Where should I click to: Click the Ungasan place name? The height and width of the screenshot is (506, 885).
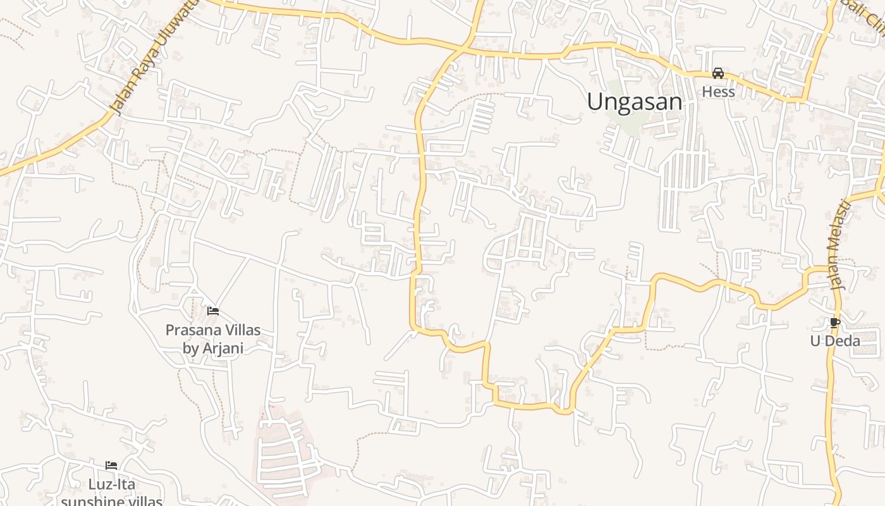coord(635,101)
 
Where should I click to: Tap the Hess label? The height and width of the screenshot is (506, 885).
coord(718,92)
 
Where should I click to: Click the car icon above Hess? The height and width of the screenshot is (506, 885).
coord(718,73)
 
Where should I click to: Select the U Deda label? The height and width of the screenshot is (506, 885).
coord(835,341)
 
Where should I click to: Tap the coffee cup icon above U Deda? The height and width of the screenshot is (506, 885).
coord(835,323)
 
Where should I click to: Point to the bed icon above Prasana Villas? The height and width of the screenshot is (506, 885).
coord(213,311)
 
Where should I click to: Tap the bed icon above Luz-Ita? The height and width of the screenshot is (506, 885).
coord(111,466)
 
